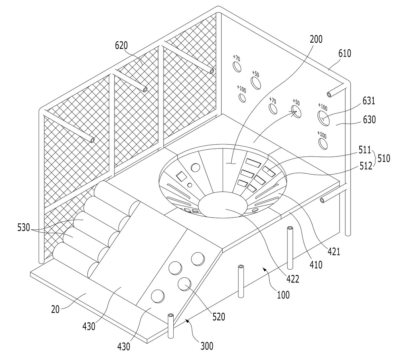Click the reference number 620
[121, 46]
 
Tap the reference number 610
[345, 53]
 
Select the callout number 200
[316, 39]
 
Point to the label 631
[369, 101]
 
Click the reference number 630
[369, 120]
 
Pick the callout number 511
[365, 150]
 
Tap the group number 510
[384, 159]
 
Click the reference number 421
[334, 252]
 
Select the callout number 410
[316, 265]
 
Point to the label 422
[293, 279]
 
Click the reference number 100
[283, 295]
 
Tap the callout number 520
[219, 317]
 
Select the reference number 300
[207, 346]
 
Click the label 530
[24, 228]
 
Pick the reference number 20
[55, 310]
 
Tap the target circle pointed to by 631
[323, 118]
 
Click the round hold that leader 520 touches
[184, 284]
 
